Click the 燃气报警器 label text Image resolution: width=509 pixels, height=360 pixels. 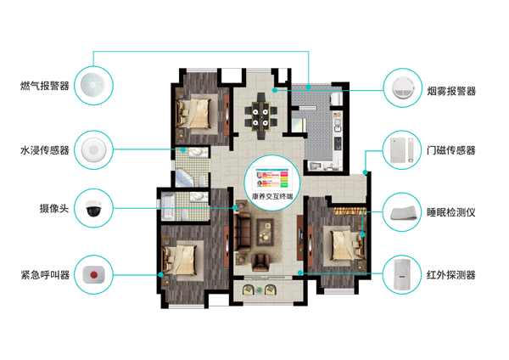tap(45, 86)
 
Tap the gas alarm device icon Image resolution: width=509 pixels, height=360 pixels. tap(92, 85)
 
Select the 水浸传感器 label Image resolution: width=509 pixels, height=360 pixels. tap(45, 150)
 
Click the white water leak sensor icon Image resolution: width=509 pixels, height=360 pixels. tap(93, 149)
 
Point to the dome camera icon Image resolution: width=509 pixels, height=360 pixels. tap(94, 208)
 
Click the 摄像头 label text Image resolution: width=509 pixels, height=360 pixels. tap(54, 208)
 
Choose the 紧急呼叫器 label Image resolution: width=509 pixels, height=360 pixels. tap(45, 275)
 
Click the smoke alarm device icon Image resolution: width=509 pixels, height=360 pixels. tap(403, 87)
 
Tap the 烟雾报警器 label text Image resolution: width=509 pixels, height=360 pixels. tap(451, 92)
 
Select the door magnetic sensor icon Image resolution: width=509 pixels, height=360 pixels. tap(401, 149)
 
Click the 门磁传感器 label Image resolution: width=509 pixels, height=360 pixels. tap(451, 150)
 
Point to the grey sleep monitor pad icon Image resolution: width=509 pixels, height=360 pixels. tap(403, 213)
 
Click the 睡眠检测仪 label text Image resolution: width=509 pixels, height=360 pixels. tap(451, 212)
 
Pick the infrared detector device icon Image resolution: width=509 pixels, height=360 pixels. tap(402, 274)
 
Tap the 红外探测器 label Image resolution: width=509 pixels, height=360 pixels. tap(451, 275)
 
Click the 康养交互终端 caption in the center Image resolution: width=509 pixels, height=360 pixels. tap(272, 197)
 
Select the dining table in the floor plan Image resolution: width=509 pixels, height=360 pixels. tap(260, 117)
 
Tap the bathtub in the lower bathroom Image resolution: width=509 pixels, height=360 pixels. tap(168, 206)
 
